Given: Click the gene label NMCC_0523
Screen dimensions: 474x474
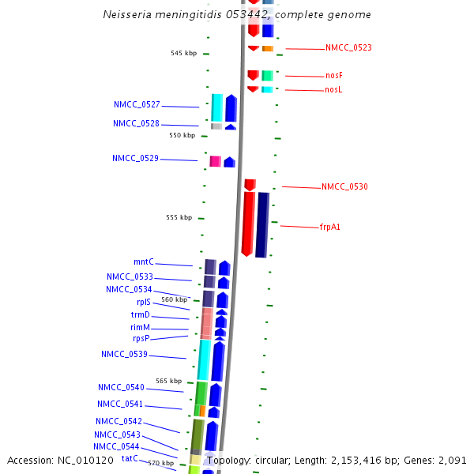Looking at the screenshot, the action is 348,47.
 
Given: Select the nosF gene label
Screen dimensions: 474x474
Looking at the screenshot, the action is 333,76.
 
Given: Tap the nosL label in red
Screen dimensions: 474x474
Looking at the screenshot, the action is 333,90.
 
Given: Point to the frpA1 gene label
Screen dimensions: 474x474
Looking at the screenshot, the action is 329,228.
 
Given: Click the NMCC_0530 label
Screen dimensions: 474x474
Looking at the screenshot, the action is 344,187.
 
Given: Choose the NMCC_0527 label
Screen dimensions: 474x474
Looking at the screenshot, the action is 137,104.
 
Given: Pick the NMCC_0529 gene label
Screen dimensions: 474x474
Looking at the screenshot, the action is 135,158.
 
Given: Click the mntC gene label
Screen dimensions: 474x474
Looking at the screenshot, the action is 143,261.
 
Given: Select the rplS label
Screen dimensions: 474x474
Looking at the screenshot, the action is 144,302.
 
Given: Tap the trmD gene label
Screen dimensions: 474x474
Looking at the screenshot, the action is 140,314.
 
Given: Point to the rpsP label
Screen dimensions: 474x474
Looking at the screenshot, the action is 141,338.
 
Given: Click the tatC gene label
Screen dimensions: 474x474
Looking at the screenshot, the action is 130,458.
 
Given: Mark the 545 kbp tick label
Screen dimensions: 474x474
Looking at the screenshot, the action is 183,53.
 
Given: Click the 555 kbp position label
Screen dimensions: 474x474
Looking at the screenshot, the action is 179,217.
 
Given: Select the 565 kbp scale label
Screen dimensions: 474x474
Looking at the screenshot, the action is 168,381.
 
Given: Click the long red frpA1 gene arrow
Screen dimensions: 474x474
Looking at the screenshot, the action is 248,224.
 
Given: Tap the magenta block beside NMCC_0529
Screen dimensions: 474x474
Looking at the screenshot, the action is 215,161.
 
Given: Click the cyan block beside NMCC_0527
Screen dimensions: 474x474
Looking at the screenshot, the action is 216,107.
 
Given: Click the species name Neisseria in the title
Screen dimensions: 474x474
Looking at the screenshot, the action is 130,15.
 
